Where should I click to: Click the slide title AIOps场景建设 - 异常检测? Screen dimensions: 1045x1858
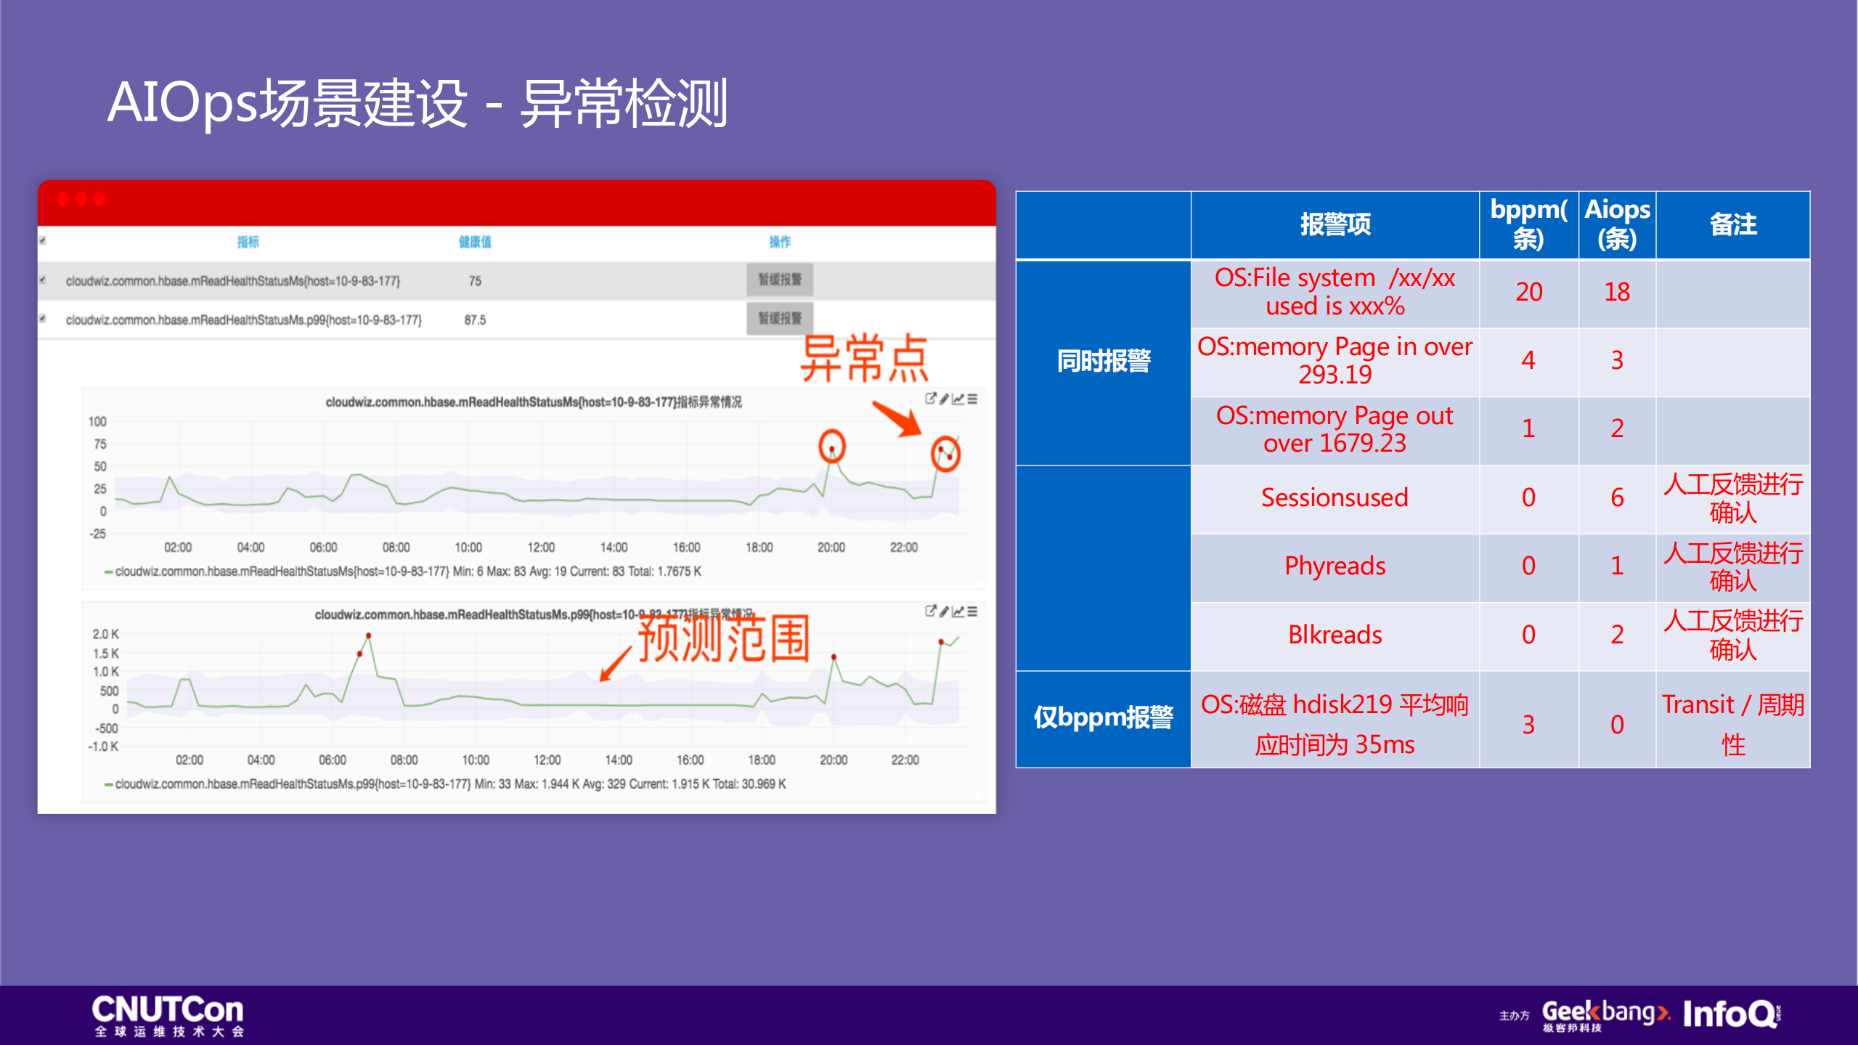417,103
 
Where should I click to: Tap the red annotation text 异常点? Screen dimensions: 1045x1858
863,359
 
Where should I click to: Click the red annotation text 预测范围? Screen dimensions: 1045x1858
723,639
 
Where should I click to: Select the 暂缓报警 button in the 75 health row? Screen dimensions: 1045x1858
779,280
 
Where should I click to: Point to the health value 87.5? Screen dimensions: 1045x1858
475,320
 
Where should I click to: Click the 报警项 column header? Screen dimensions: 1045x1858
1335,224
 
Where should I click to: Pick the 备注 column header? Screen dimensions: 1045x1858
1732,224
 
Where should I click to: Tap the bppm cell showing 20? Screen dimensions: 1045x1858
1528,292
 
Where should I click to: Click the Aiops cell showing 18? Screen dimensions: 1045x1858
1617,292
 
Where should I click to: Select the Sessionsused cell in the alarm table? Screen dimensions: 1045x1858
1335,497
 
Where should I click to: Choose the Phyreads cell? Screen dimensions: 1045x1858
1335,566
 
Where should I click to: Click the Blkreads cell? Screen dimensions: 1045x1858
1335,635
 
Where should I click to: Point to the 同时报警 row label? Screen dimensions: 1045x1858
1104,361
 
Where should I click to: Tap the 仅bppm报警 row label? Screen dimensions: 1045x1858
1104,717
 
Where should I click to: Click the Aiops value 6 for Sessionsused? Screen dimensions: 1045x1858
1617,497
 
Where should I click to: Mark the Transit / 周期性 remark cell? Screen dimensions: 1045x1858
1732,723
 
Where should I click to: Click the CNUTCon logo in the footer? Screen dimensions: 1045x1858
168,1014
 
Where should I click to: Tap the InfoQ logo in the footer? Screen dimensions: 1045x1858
1731,1014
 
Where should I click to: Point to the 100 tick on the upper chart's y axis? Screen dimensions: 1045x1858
97,421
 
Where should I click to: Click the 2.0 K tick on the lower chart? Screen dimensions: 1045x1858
105,634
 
